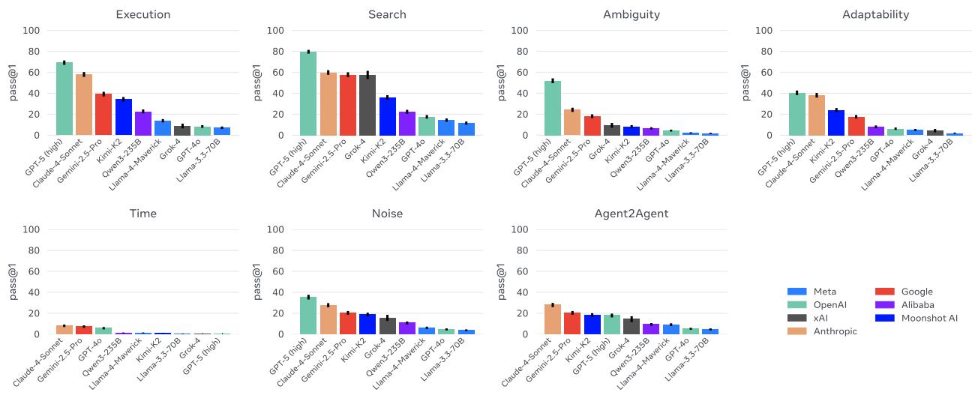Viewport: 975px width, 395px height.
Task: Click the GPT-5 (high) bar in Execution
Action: (x=64, y=99)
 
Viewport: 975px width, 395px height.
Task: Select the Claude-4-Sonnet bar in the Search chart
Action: (x=328, y=104)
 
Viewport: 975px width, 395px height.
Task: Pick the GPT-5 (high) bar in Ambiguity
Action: (x=553, y=108)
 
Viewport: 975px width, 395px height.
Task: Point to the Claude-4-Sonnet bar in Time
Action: (x=64, y=330)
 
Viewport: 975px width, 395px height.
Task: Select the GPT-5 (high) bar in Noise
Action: (x=308, y=316)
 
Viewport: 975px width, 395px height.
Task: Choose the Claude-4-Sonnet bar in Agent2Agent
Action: (x=553, y=319)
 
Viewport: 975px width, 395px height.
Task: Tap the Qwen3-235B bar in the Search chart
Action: (x=407, y=124)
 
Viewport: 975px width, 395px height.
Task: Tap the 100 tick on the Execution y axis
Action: (x=31, y=31)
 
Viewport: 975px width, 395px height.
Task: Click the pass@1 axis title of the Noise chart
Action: (x=259, y=282)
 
